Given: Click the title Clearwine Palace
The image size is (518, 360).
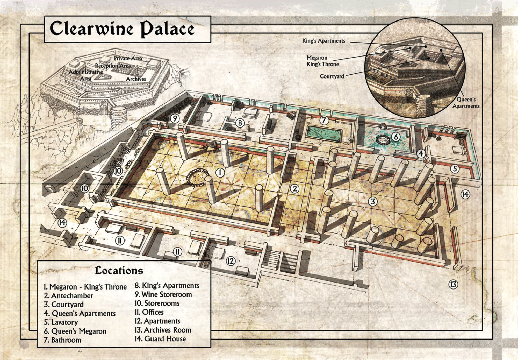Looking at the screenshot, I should [122, 29].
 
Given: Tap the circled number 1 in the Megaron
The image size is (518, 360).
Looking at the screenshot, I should [220, 172].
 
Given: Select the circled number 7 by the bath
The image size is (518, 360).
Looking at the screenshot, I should [324, 120].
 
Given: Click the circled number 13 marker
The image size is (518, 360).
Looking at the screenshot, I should [453, 285].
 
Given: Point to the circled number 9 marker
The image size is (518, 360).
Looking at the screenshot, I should [175, 119].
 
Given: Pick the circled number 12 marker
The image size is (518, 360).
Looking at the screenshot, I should [231, 261].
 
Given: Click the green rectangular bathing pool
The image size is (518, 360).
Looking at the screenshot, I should [324, 133].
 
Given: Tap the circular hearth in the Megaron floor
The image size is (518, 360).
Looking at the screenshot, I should [198, 177].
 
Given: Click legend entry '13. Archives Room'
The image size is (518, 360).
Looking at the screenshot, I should [163, 330].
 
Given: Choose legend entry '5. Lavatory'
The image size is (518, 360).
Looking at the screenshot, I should [61, 322].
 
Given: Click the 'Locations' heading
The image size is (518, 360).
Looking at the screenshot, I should [119, 271].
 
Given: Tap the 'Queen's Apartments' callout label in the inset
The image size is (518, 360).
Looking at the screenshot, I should [466, 103].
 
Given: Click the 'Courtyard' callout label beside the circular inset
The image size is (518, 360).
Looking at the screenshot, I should [332, 76].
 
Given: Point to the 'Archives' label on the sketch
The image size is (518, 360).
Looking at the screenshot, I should [136, 79].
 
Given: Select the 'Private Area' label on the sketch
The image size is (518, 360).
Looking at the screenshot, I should [128, 58].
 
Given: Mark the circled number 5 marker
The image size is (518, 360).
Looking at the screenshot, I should [455, 169].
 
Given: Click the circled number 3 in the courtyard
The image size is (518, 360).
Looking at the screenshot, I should [373, 201].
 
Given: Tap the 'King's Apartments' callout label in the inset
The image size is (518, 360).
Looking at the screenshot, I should [323, 41].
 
